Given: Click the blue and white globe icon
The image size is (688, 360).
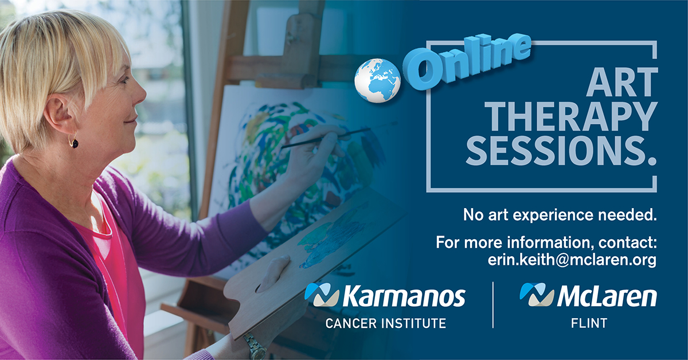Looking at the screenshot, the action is [x=377, y=80].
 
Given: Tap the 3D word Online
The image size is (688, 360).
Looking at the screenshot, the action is [x=467, y=61].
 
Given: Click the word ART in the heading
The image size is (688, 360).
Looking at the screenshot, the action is [x=621, y=82].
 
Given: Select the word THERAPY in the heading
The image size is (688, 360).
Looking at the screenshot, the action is [x=571, y=116].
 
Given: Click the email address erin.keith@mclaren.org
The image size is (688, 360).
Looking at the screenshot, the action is [x=572, y=260].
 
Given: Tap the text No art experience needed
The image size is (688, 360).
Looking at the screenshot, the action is [x=560, y=215].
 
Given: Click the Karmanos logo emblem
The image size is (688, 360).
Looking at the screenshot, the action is [x=322, y=295].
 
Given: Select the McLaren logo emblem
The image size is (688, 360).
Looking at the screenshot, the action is [x=537, y=294].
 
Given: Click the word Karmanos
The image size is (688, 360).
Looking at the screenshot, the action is [x=404, y=296].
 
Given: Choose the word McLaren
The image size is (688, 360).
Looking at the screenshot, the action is [x=607, y=296].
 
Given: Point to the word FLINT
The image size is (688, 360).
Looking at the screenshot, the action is [x=589, y=323].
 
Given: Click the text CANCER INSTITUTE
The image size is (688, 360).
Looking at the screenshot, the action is [x=385, y=323].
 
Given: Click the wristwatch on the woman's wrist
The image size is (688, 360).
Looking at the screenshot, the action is [x=255, y=346].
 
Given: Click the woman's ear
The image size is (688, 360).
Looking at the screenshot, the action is [x=60, y=113].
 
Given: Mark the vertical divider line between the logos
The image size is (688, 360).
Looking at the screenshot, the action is [x=493, y=305].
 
